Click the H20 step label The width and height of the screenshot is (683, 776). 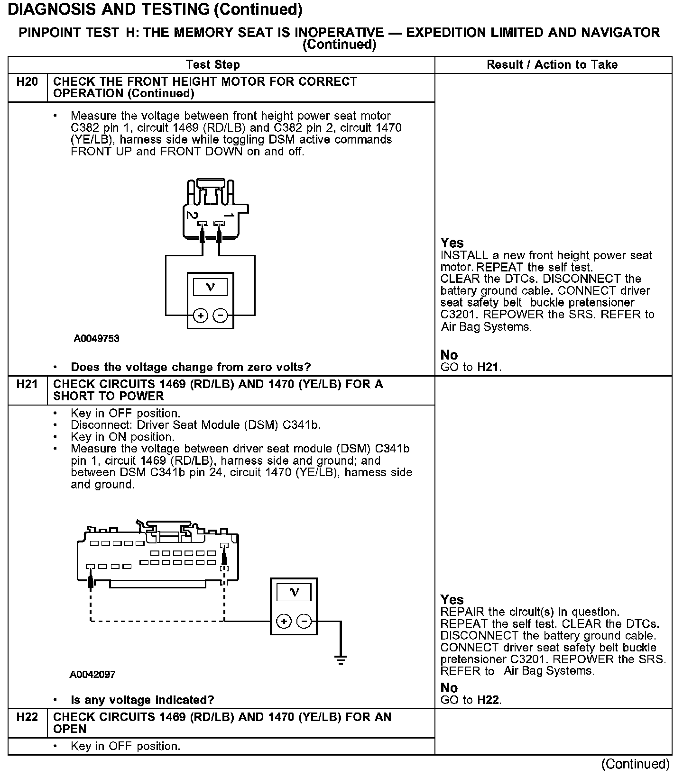coord(27,82)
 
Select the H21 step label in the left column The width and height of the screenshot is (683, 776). coord(27,384)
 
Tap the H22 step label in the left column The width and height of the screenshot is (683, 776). coord(27,717)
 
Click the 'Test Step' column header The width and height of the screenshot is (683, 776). coord(212,64)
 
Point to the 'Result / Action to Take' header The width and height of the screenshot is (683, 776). coord(552,64)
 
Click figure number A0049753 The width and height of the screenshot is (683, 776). coord(96,339)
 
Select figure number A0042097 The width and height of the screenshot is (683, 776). coord(92,674)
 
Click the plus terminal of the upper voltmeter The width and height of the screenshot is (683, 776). coord(201,316)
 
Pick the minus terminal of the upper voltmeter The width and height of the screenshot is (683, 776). coord(220,316)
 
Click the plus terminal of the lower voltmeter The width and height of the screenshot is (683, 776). coord(284,621)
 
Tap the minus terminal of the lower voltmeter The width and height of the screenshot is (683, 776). coord(304,621)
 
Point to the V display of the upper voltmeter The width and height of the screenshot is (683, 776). coord(211,287)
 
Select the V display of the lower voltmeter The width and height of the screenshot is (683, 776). coord(294,592)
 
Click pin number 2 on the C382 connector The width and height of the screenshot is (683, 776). coord(192,215)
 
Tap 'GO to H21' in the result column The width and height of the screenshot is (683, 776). coord(471,367)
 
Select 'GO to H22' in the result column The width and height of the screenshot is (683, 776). coord(471,700)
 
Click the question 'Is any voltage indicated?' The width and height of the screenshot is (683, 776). coord(142,700)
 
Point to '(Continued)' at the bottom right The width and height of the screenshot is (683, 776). coord(635,764)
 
